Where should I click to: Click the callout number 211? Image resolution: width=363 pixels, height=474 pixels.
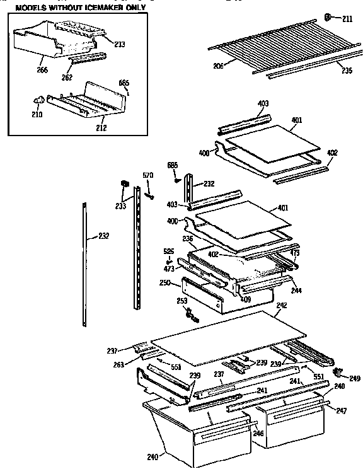[349, 18]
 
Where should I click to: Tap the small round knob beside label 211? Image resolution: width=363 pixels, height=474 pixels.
[329, 17]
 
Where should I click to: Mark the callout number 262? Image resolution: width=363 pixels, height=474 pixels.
[67, 78]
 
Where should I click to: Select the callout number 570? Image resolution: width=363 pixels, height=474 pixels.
[147, 175]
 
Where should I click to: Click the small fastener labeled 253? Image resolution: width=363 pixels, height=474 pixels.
[193, 318]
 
